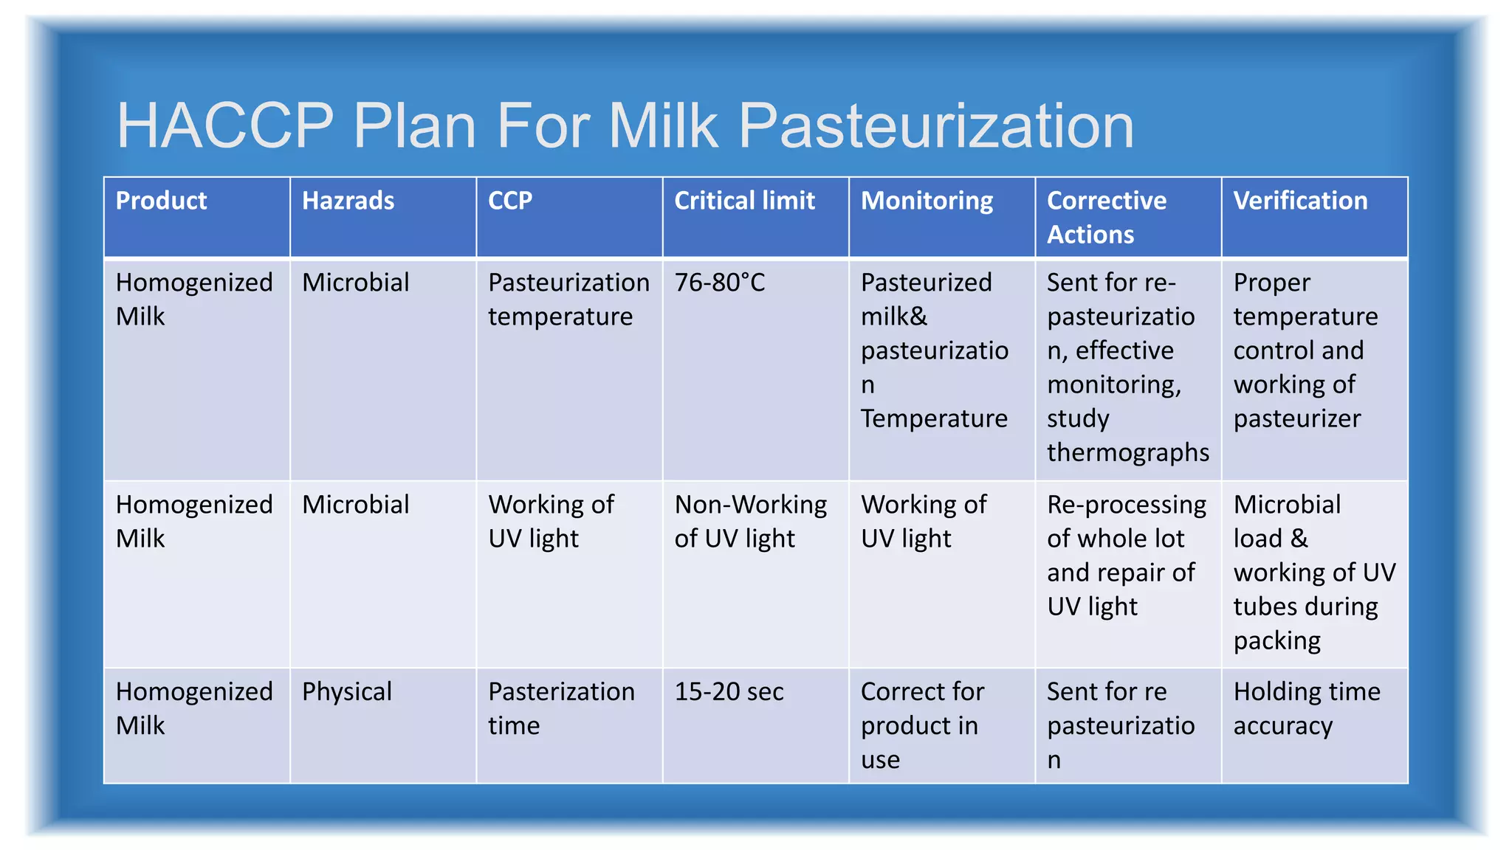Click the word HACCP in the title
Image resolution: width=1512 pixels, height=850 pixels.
[x=225, y=125]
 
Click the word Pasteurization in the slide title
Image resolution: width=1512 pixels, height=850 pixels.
[x=935, y=125]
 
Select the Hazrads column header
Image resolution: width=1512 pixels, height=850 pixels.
[x=348, y=201]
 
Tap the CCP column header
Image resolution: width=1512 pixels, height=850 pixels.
[x=509, y=201]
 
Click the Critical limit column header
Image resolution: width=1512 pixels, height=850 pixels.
[x=744, y=201]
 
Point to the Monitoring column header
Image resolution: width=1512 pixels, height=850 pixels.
[x=927, y=201]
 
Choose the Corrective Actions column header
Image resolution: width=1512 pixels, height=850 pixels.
[x=1106, y=217]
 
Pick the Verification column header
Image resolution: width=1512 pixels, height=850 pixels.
[x=1299, y=201]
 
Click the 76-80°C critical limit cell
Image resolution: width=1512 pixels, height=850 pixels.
[x=720, y=283]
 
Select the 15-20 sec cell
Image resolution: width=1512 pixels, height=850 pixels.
[x=729, y=692]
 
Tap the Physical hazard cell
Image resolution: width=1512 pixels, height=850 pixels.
[x=347, y=692]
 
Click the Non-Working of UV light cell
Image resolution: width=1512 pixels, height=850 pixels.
[x=750, y=522]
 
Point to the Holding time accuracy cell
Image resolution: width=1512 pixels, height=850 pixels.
[x=1306, y=708]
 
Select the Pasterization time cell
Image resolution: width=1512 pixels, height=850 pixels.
[x=561, y=708]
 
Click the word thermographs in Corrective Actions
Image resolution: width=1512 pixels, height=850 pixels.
[x=1127, y=452]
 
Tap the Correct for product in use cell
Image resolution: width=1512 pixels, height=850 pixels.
[x=921, y=725]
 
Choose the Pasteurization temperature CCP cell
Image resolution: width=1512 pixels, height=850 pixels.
[x=568, y=300]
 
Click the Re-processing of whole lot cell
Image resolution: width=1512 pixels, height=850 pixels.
[x=1126, y=556]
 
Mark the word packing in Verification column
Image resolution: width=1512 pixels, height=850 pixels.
[x=1276, y=640]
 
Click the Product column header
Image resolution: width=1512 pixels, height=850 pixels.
[x=161, y=201]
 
